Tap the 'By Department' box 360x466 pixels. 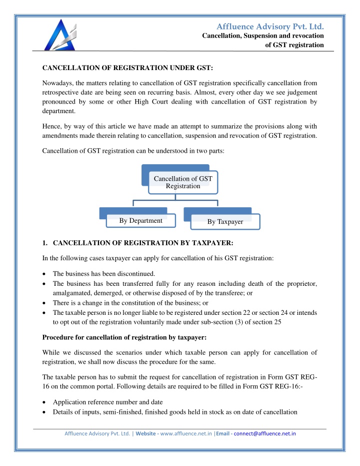[140, 220]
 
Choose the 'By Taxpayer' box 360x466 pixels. [225, 221]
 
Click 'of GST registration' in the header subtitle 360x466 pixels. [294, 46]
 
